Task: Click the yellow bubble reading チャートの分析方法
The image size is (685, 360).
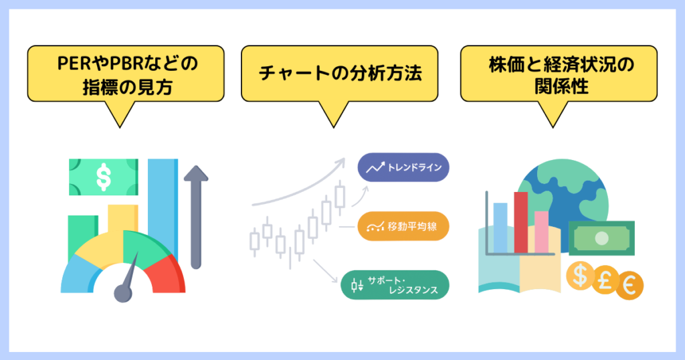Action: pos(339,74)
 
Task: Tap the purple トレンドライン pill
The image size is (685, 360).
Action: pos(403,167)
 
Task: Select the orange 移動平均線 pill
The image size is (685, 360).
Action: pos(403,226)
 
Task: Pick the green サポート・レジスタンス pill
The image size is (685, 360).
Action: pos(395,285)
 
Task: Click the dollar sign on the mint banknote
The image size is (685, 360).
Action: pos(104,177)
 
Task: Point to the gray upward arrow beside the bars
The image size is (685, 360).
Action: pos(196,217)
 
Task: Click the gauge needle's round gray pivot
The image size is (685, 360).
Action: pos(123,294)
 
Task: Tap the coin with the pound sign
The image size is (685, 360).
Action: pos(605,280)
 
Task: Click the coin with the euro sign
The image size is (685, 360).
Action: pos(629,286)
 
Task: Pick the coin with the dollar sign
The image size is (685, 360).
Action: pos(580,276)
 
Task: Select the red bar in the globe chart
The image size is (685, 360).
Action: pos(520,222)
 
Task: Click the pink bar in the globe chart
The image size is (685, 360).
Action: pos(541,232)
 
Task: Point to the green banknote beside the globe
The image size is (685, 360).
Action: pos(601,238)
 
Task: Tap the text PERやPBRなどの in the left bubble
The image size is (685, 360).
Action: pos(128,64)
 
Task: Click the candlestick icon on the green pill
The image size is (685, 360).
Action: pos(357,285)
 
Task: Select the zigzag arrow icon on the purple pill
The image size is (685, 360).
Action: pos(375,167)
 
